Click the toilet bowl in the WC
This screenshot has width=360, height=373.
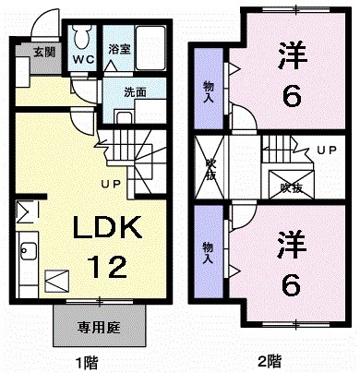click(x=82, y=38)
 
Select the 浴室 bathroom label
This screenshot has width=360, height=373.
click(x=117, y=49)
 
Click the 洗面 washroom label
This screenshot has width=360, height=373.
click(x=135, y=91)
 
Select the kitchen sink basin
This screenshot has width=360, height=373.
click(x=28, y=250)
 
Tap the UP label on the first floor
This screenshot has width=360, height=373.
click(x=112, y=186)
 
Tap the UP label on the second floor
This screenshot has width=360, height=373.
click(x=326, y=150)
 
